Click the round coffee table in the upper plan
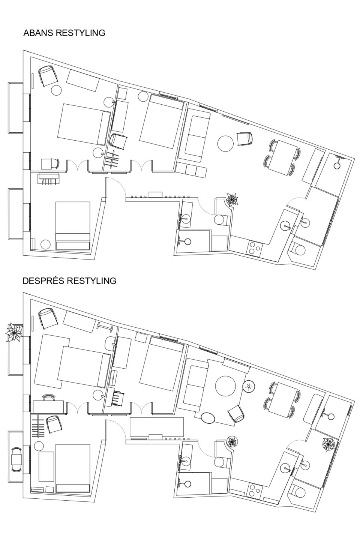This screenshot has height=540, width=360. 225,143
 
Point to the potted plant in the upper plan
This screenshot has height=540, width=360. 232,199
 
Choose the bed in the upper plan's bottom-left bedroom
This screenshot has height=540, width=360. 73,226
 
